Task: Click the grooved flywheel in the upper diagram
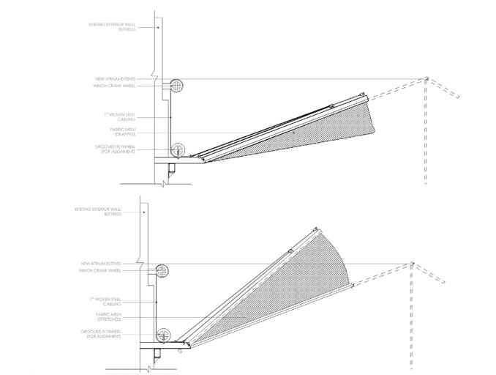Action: [176, 151]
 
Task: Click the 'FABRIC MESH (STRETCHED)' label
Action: [108, 317]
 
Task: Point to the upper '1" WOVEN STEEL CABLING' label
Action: [117, 117]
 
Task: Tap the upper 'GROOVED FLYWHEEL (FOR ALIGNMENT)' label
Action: [113, 149]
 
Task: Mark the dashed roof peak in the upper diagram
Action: [427, 78]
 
